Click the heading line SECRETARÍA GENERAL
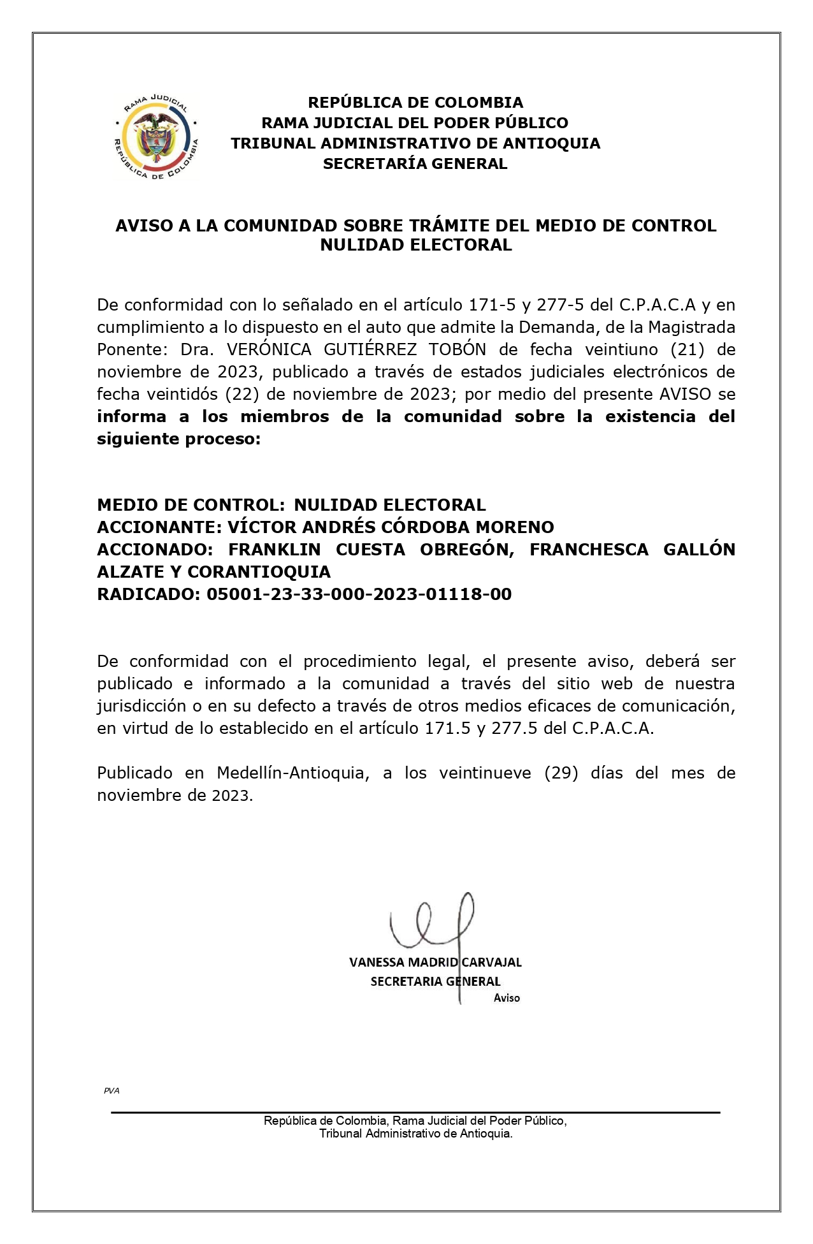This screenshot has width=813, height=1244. (x=415, y=164)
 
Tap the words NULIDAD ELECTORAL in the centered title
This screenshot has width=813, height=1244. (x=415, y=245)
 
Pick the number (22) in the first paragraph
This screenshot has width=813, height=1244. (x=242, y=394)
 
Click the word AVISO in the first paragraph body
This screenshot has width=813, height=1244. (x=685, y=394)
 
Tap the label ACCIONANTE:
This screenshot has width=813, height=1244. (x=159, y=527)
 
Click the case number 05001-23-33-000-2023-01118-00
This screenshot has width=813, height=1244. (x=359, y=594)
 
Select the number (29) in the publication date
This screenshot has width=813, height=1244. (x=561, y=773)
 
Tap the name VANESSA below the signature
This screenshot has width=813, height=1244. (x=377, y=962)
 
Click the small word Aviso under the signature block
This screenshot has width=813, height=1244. (x=507, y=998)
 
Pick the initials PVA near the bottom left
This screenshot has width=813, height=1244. (x=112, y=1091)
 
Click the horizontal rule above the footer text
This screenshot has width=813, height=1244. (x=415, y=1113)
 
